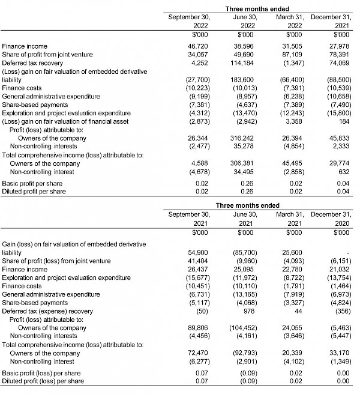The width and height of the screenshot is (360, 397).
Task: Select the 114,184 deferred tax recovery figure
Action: point(245,62)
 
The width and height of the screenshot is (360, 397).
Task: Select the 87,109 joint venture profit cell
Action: point(292,54)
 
